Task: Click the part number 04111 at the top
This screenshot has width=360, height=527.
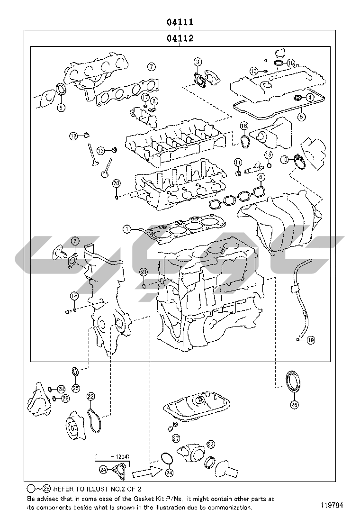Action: click(180, 22)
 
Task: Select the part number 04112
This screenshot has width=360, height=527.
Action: click(180, 38)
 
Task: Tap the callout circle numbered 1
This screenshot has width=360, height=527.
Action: click(126, 229)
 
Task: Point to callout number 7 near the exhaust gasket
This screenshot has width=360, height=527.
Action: click(151, 67)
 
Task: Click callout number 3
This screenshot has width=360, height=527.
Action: click(198, 62)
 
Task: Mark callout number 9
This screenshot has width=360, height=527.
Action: click(61, 108)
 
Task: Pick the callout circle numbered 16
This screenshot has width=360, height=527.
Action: click(243, 126)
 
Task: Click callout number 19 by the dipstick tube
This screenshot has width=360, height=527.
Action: click(311, 340)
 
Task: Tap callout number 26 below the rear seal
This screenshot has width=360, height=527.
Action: click(294, 404)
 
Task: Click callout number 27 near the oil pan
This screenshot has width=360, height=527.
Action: click(176, 438)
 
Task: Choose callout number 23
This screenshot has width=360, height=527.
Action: click(210, 445)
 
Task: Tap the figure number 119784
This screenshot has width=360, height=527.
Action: click(337, 504)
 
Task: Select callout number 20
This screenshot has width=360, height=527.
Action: click(116, 183)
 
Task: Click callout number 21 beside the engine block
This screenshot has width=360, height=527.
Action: click(144, 272)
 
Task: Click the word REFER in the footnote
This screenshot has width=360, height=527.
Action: click(64, 489)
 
